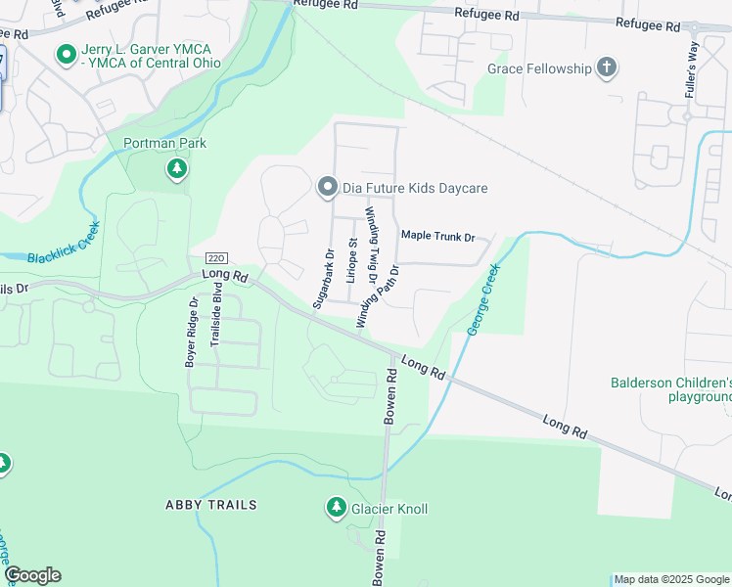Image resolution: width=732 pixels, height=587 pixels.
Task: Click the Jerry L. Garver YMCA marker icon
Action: click(67, 55)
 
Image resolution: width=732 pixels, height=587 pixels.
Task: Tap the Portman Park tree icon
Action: click(177, 170)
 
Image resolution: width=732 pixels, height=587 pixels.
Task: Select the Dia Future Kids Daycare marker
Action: click(326, 186)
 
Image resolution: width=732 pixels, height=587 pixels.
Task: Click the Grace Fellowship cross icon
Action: click(608, 68)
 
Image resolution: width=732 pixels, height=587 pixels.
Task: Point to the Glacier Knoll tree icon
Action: click(335, 508)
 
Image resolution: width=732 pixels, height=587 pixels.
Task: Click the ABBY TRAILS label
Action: click(210, 505)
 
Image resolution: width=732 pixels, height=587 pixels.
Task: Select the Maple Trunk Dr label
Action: click(437, 237)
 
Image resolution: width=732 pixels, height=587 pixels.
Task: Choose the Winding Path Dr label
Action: click(379, 296)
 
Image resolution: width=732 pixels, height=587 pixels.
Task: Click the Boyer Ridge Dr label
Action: click(193, 332)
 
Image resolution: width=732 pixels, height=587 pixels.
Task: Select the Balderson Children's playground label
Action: click(671, 389)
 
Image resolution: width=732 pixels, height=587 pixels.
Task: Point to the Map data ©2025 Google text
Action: click(671, 579)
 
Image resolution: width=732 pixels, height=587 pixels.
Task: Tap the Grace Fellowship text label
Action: click(539, 68)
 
